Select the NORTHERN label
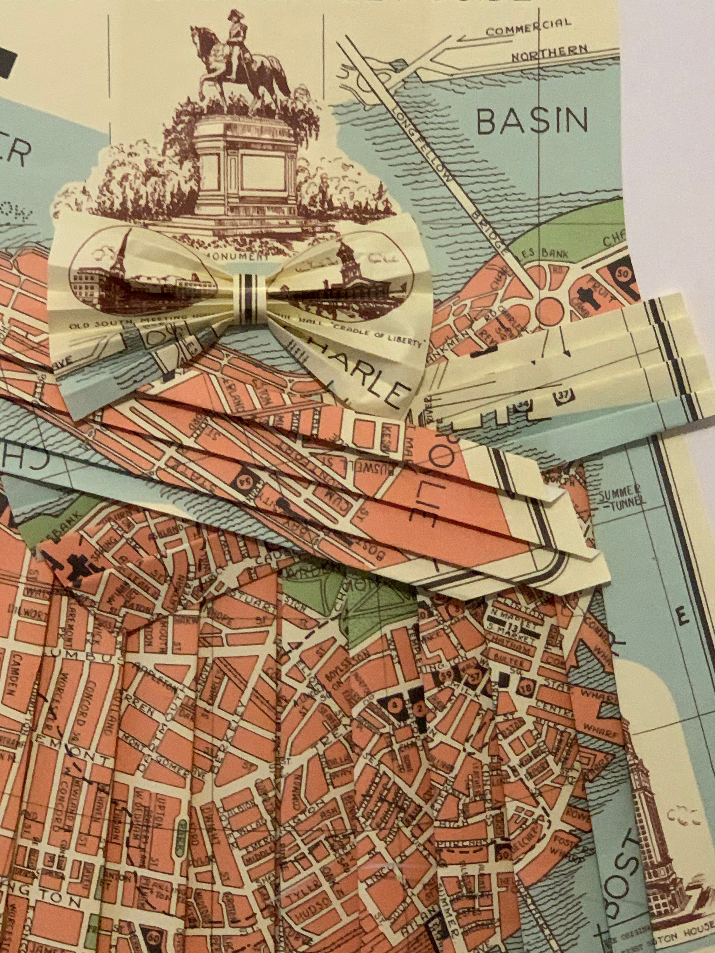(549, 52)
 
